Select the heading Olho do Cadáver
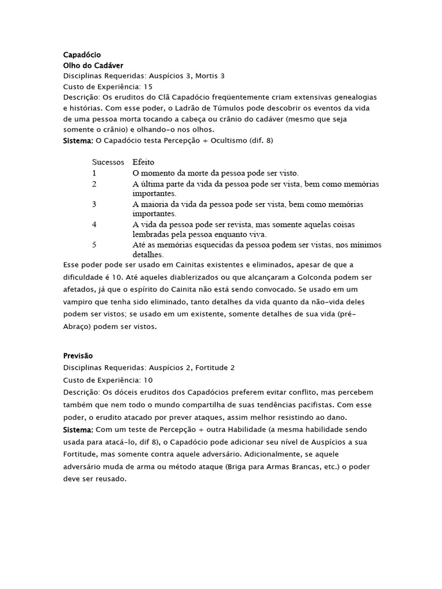93,66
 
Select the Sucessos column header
108,162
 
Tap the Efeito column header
143,162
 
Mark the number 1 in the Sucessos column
94,173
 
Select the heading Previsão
78,356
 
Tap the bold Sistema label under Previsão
77,430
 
